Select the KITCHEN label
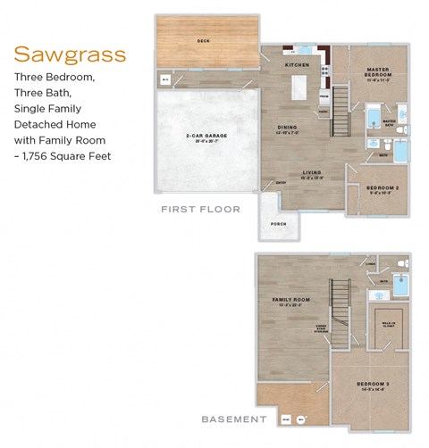pos(297,65)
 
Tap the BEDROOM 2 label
pos(382,188)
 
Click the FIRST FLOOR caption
pos(200,209)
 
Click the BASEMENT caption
pos(233,417)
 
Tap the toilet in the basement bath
pos(400,265)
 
